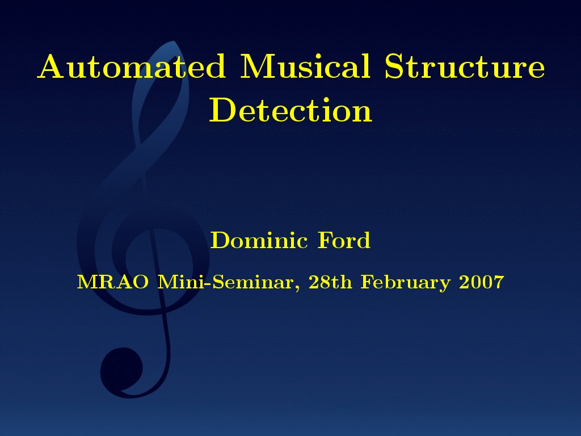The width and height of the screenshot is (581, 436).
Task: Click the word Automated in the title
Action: pyautogui.click(x=131, y=66)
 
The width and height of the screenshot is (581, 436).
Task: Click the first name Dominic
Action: pyautogui.click(x=259, y=240)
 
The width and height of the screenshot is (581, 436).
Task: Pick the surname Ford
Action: pyautogui.click(x=344, y=240)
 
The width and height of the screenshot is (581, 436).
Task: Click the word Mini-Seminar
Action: pyautogui.click(x=226, y=282)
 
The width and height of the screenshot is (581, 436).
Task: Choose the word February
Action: pyautogui.click(x=406, y=283)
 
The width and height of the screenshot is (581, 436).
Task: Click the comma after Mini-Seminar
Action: pyautogui.click(x=297, y=288)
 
